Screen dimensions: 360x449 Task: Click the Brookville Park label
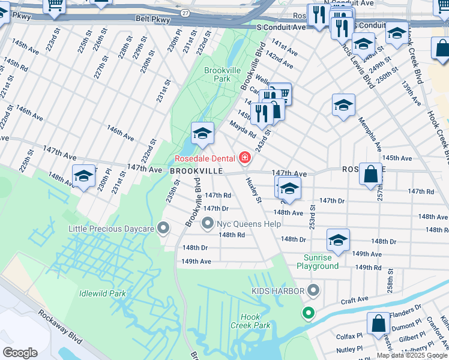(217, 74)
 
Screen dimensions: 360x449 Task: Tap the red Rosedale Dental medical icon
(244, 158)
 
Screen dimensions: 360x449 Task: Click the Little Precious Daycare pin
(163, 227)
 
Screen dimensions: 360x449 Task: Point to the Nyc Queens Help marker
(208, 224)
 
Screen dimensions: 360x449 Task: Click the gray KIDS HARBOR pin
(313, 291)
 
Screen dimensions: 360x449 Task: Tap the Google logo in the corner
(20, 353)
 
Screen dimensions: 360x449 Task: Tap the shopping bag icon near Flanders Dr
(379, 323)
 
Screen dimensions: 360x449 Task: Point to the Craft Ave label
(355, 299)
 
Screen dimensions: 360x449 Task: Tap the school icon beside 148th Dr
(338, 241)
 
